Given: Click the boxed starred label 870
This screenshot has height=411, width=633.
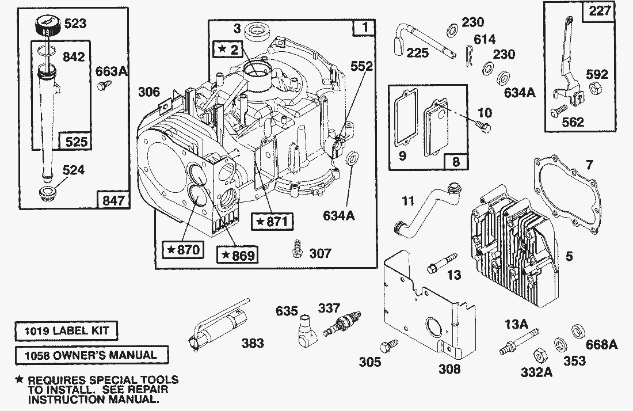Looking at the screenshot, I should coord(184,250).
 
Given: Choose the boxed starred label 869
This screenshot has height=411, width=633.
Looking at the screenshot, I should coord(237,254).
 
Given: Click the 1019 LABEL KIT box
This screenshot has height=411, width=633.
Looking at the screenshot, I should coord(62,331).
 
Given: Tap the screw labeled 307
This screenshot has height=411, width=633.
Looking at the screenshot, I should coord(298,248).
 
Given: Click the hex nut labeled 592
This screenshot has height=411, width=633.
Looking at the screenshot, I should coord(593,89).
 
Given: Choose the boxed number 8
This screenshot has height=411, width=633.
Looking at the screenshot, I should coord(456,162).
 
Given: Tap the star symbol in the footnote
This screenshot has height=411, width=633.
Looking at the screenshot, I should coord(20,380).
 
